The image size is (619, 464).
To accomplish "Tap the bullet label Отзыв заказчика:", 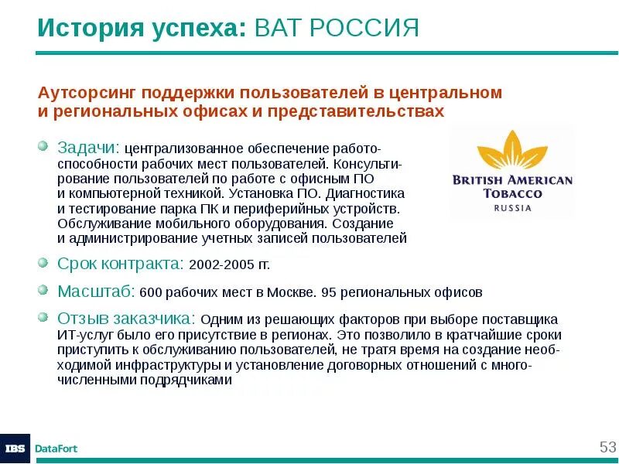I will tap(127, 319).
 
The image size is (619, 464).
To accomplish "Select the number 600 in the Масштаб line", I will tap(149, 292).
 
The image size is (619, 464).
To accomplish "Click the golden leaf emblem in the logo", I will tap(511, 150).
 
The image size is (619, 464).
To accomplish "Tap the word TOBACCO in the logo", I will tap(512, 193).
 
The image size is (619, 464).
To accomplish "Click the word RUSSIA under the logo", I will tap(512, 208).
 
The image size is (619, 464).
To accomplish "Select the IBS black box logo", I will tap(15, 449).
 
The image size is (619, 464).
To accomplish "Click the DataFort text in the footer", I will tap(56, 449).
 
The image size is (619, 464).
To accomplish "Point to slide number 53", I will tap(607, 447).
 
